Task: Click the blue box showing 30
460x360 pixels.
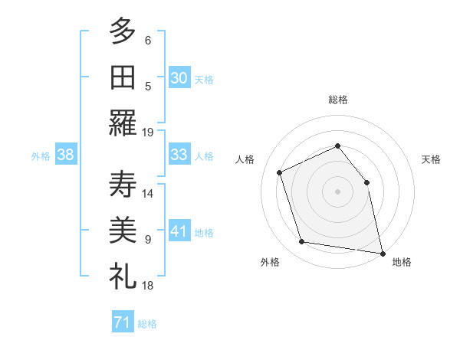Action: coord(179,77)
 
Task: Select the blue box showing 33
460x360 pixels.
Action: coord(179,155)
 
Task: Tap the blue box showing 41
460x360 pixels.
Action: coord(179,231)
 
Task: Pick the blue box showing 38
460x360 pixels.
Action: coord(65,155)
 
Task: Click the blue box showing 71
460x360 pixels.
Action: coord(122,322)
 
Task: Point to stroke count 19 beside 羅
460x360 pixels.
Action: coord(148,132)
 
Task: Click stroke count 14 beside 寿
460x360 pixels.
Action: coord(148,193)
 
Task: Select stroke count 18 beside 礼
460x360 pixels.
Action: coord(148,285)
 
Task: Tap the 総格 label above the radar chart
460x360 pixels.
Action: coord(337,100)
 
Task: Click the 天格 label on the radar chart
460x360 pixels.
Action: coord(431,160)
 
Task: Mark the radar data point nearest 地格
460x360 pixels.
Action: coord(381,252)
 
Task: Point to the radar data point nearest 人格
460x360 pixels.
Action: coord(280,172)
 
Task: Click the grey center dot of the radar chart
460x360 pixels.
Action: coord(337,191)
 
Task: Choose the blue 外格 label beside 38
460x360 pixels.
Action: coord(41,155)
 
